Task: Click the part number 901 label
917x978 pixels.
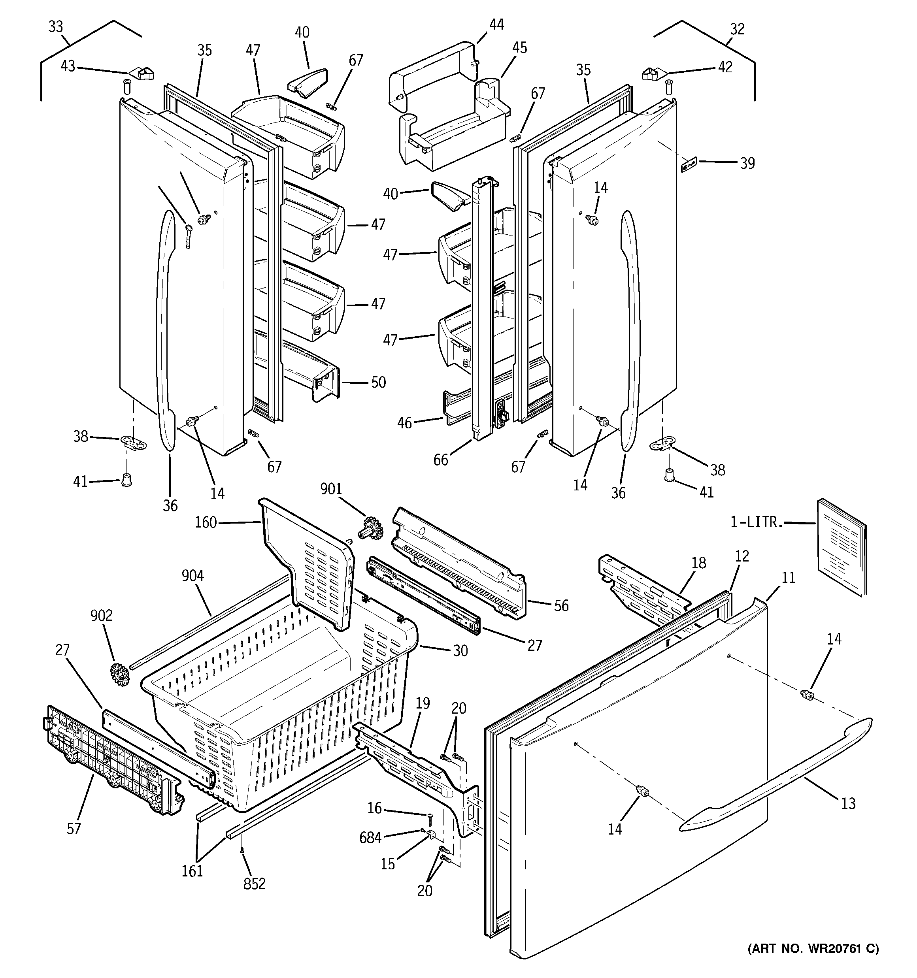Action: pyautogui.click(x=331, y=489)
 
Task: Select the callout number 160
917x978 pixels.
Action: pyautogui.click(x=206, y=522)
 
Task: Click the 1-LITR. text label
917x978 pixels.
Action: pyautogui.click(x=756, y=522)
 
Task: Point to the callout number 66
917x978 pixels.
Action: pyautogui.click(x=441, y=460)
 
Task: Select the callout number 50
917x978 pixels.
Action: pyautogui.click(x=378, y=382)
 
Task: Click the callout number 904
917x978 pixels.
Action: pyautogui.click(x=192, y=576)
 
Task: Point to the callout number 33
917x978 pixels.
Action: pyautogui.click(x=56, y=26)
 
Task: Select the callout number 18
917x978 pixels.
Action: pyautogui.click(x=698, y=563)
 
